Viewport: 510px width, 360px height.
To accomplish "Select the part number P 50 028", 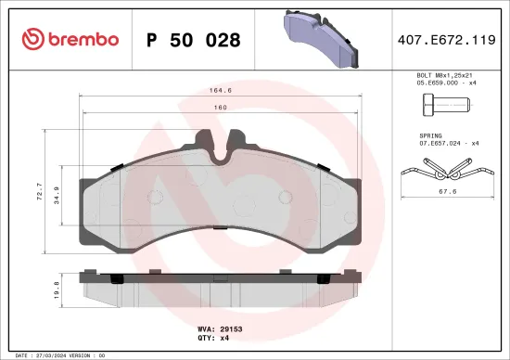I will (x=194, y=40).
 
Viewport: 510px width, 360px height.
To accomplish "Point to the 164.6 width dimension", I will (x=220, y=90).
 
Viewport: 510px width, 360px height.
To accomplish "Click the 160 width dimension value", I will (x=220, y=107).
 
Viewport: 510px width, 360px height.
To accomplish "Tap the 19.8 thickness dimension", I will (x=57, y=291).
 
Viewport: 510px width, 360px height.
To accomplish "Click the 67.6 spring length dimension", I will (x=446, y=193).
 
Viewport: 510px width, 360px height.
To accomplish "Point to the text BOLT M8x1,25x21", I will (x=443, y=74).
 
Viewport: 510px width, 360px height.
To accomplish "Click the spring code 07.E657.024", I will (x=433, y=143).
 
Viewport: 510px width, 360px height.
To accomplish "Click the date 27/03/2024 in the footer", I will (x=45, y=354).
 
